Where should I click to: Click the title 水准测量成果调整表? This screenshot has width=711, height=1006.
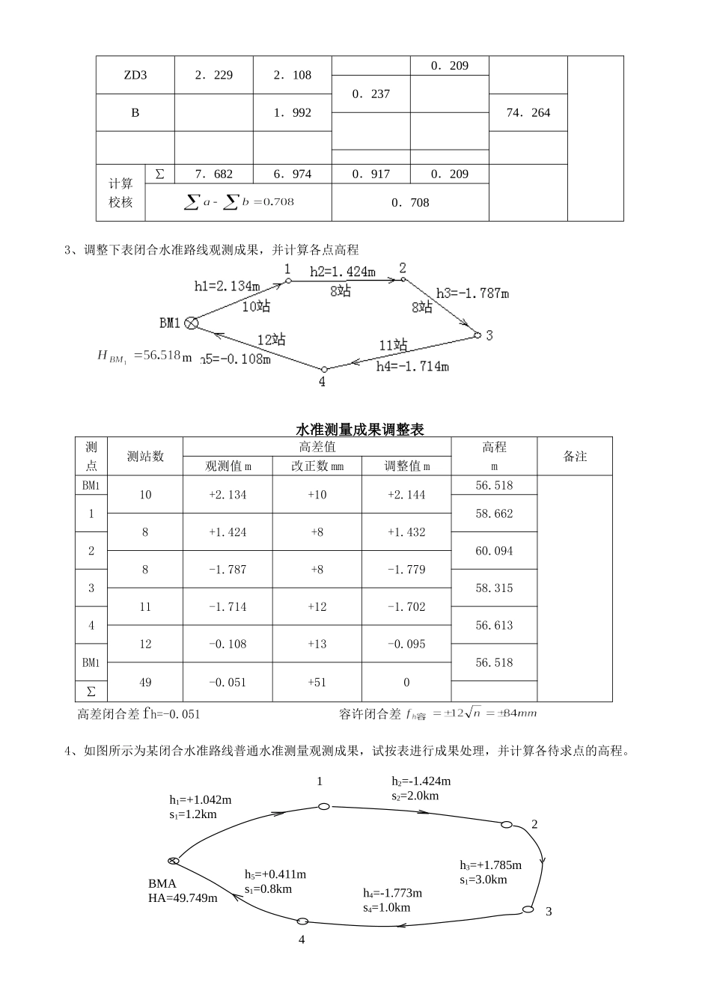click(360, 430)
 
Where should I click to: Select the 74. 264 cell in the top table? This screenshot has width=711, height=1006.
click(528, 113)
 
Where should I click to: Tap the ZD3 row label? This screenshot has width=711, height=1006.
click(135, 75)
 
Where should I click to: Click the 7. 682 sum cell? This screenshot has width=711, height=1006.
click(213, 174)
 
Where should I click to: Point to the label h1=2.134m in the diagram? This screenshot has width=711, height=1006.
click(228, 286)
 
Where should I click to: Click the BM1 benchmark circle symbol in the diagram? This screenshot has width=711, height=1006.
click(192, 323)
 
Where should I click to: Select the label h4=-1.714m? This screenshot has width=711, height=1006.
click(412, 367)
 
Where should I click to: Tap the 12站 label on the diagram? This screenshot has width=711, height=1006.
click(272, 339)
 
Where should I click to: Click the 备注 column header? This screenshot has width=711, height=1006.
click(575, 456)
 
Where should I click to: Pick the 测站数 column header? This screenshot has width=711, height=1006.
click(145, 456)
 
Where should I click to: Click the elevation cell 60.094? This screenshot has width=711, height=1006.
click(494, 551)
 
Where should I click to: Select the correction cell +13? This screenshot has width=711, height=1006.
click(317, 644)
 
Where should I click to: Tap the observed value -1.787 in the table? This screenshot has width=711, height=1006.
click(228, 570)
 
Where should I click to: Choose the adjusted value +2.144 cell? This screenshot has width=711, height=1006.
click(406, 495)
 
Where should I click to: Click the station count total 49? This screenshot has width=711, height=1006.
click(145, 682)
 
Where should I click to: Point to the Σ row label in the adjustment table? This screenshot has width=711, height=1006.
click(91, 691)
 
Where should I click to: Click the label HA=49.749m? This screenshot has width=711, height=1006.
click(183, 897)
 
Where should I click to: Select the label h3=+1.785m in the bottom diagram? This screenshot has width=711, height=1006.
click(490, 865)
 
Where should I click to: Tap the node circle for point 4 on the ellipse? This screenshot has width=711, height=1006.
click(302, 921)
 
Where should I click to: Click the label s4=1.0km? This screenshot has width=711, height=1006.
click(387, 907)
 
